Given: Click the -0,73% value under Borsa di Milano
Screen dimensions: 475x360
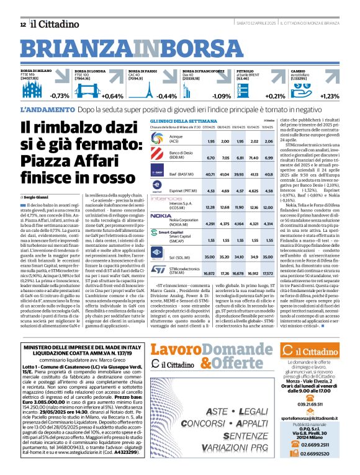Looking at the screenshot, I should (x=60, y=95).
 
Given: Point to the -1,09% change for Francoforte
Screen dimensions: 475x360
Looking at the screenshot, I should (x=221, y=95).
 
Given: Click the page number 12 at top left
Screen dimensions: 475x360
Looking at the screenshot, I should (x=22, y=24).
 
